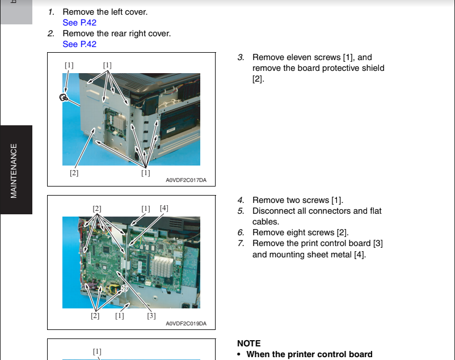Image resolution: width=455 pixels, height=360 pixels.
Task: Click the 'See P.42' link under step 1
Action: [79, 23]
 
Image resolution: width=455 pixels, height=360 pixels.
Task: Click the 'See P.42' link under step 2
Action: [79, 44]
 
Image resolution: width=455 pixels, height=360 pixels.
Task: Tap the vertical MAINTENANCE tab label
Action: [14, 171]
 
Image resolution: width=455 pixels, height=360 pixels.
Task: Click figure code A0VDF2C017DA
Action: [186, 180]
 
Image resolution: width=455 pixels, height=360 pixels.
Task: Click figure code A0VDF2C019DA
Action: [186, 324]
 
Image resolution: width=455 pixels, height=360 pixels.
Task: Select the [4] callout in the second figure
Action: [164, 208]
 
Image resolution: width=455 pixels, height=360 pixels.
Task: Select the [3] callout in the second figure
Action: [151, 316]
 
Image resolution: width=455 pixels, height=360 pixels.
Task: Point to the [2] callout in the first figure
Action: [74, 173]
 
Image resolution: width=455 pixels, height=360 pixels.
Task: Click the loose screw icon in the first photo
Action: [63, 98]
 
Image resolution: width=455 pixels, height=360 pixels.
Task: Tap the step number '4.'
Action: [241, 200]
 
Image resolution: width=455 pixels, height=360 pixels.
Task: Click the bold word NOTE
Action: [248, 344]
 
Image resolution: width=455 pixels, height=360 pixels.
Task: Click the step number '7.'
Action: [241, 243]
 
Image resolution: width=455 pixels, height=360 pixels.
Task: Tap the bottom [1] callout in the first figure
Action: [146, 173]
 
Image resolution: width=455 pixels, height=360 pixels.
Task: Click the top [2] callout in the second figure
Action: [97, 209]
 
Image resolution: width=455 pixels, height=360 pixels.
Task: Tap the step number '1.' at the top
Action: [51, 12]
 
